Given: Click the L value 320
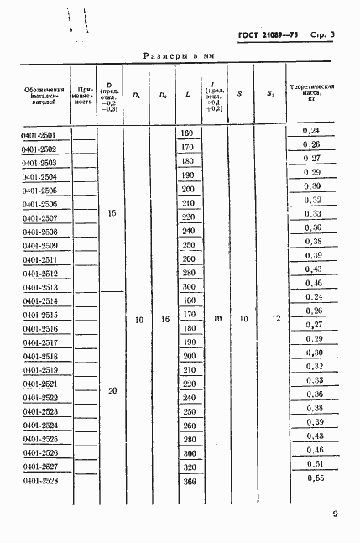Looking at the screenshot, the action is pos(188,467).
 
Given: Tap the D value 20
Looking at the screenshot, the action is pos(112,390).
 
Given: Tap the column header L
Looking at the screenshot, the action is pos(188,94).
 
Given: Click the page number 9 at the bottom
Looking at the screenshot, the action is pos(335,514).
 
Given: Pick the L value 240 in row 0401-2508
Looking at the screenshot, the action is pos(188,231).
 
